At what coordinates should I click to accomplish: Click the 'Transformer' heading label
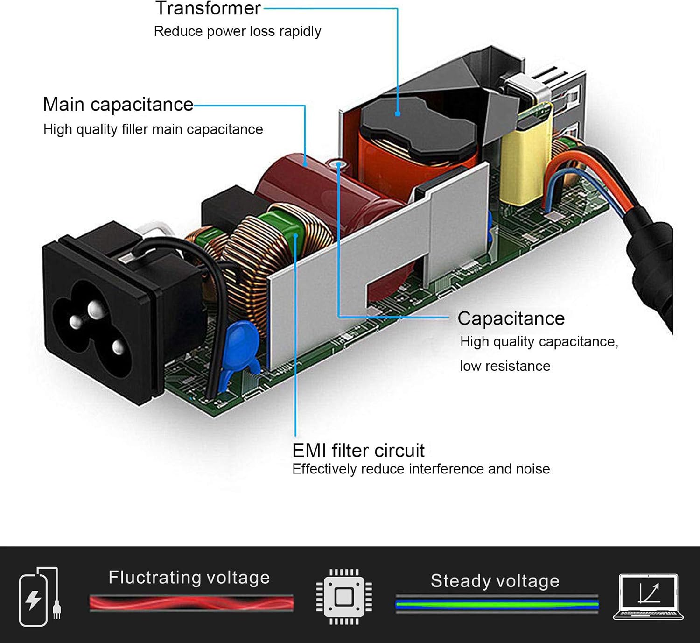tap(208, 8)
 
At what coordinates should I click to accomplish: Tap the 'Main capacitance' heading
tap(118, 104)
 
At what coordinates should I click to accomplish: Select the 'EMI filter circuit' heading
tap(358, 451)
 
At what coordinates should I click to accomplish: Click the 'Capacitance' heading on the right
tap(511, 318)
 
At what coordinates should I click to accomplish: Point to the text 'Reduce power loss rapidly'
tap(237, 31)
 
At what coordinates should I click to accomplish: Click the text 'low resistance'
tap(505, 366)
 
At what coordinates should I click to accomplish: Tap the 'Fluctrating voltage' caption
tap(189, 578)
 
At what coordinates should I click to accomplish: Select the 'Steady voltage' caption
tap(495, 581)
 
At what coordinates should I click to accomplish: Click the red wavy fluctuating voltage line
tap(191, 603)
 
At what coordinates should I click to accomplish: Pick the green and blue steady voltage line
tap(497, 605)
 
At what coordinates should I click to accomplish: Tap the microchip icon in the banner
tap(344, 596)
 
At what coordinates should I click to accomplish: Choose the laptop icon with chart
tap(648, 597)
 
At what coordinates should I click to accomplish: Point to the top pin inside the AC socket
tap(95, 308)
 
